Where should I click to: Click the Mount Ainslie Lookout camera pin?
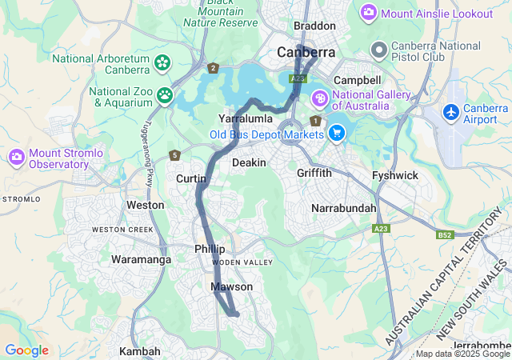pos(369,13)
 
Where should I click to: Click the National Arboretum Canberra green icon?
pos(162,62)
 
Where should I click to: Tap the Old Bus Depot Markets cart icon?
pos(337,132)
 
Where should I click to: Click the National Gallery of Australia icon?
pos(319,98)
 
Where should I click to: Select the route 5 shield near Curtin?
pos(174,154)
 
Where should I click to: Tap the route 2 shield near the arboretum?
pos(213,69)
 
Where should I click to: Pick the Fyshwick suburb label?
pos(395,175)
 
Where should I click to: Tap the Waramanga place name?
pos(140,260)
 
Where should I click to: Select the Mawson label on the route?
pos(232,286)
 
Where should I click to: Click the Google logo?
pos(26,350)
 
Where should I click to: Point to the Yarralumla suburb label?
pos(247,118)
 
